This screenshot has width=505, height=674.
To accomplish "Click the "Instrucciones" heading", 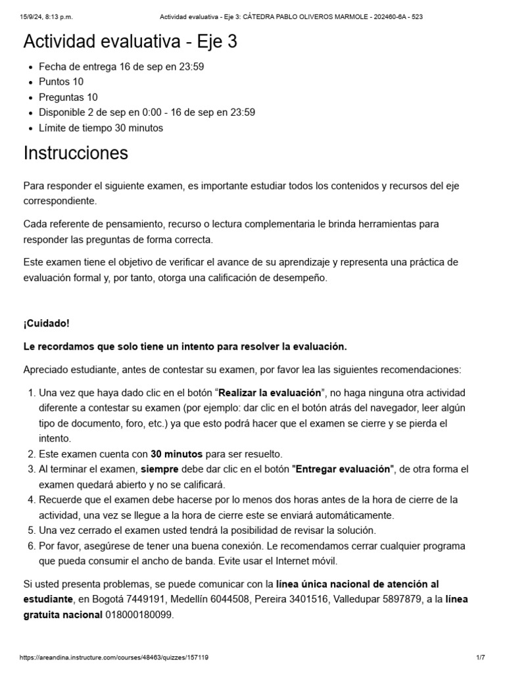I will click(x=76, y=153).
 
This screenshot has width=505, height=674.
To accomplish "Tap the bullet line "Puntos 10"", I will click(x=61, y=82).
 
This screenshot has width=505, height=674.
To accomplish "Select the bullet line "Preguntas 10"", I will click(x=68, y=97).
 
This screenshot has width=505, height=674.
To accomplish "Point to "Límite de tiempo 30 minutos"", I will click(x=101, y=128).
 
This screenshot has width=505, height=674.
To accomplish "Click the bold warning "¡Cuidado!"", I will click(x=46, y=324).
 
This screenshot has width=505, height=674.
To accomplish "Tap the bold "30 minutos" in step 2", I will click(x=176, y=454).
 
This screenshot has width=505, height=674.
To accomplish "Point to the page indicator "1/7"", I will click(x=480, y=658).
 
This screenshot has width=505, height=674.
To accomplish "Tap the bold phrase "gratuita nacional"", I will click(x=62, y=615).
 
